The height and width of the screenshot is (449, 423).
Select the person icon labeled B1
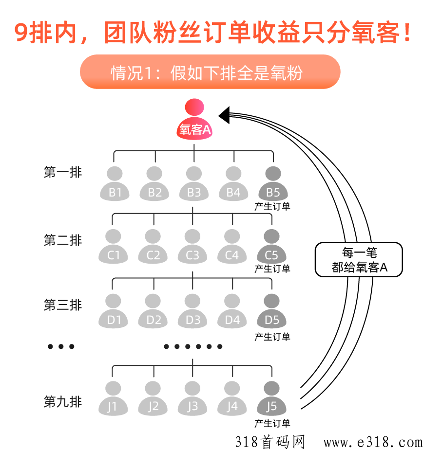tap(115, 185)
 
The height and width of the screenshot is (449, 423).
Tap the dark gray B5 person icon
tap(273, 185)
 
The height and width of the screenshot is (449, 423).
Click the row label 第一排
tap(63, 172)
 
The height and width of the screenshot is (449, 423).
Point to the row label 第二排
tap(63, 240)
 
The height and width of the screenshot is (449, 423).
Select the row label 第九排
tap(63, 402)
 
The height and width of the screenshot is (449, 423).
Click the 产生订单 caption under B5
tap(272, 206)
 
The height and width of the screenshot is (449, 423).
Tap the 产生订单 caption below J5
tap(272, 423)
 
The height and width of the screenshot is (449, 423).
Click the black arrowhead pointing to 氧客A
tap(224, 115)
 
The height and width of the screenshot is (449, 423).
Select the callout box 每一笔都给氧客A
tap(359, 260)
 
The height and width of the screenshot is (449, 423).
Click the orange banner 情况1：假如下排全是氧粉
tap(210, 72)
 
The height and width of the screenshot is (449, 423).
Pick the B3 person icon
tap(194, 185)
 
